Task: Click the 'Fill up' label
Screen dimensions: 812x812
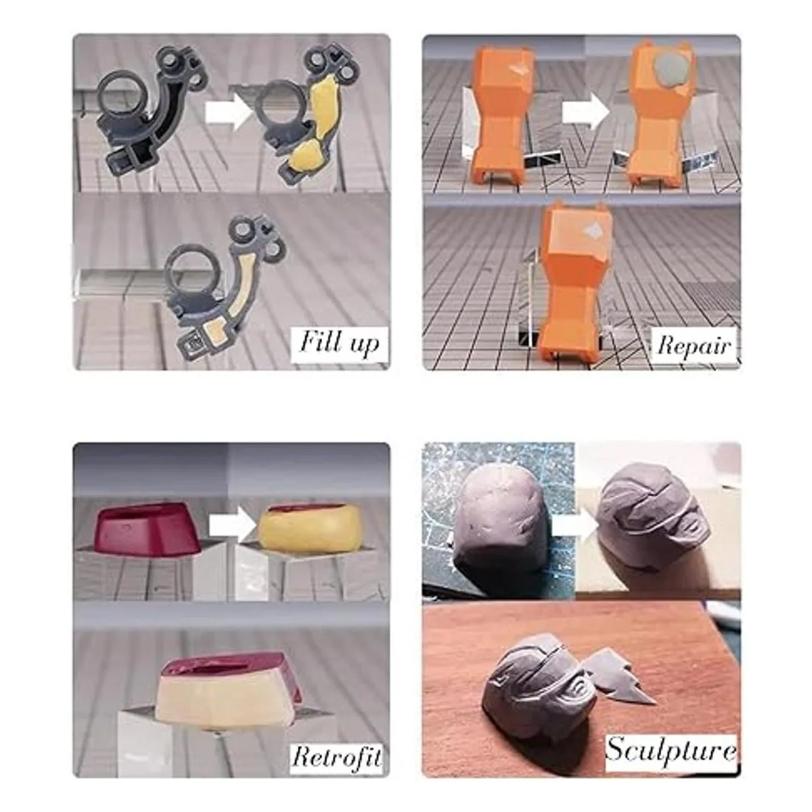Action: coord(340,344)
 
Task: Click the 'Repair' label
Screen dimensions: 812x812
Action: coord(694,346)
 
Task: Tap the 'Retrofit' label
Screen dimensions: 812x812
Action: coord(336,745)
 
